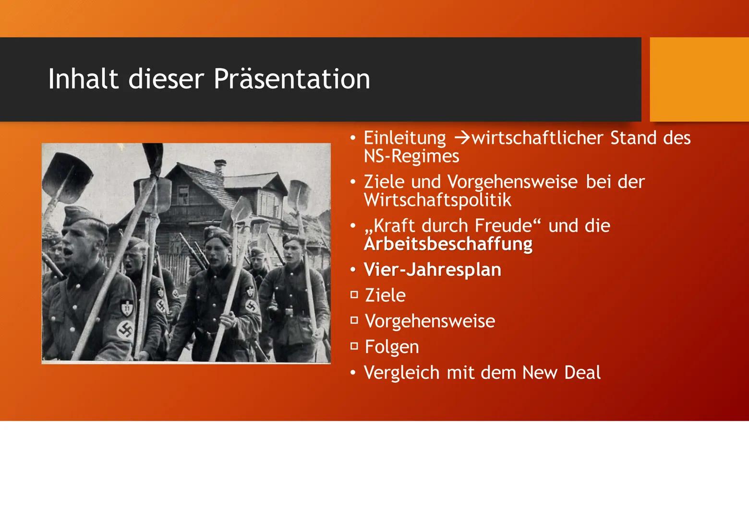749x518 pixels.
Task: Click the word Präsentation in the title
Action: pyautogui.click(x=292, y=79)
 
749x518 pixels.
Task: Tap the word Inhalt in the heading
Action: pyautogui.click(x=84, y=79)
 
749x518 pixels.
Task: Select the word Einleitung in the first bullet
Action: pyautogui.click(x=405, y=138)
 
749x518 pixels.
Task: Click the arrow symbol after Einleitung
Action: pyautogui.click(x=463, y=138)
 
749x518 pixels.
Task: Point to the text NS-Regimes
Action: pyautogui.click(x=411, y=155)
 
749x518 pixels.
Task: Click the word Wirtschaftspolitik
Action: pyautogui.click(x=438, y=200)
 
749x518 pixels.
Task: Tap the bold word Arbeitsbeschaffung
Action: pyautogui.click(x=448, y=244)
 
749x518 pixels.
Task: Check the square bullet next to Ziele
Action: pyautogui.click(x=354, y=294)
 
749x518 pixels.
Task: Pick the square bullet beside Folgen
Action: pyautogui.click(x=354, y=346)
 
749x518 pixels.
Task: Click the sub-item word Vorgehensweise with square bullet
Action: pyautogui.click(x=430, y=321)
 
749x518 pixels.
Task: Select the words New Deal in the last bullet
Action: pyautogui.click(x=561, y=372)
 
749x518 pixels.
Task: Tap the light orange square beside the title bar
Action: pyautogui.click(x=699, y=80)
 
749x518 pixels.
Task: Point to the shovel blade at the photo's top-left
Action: pyautogui.click(x=67, y=178)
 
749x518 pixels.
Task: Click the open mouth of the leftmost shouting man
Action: pyautogui.click(x=68, y=251)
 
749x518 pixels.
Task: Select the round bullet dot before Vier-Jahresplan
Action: pyautogui.click(x=353, y=269)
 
